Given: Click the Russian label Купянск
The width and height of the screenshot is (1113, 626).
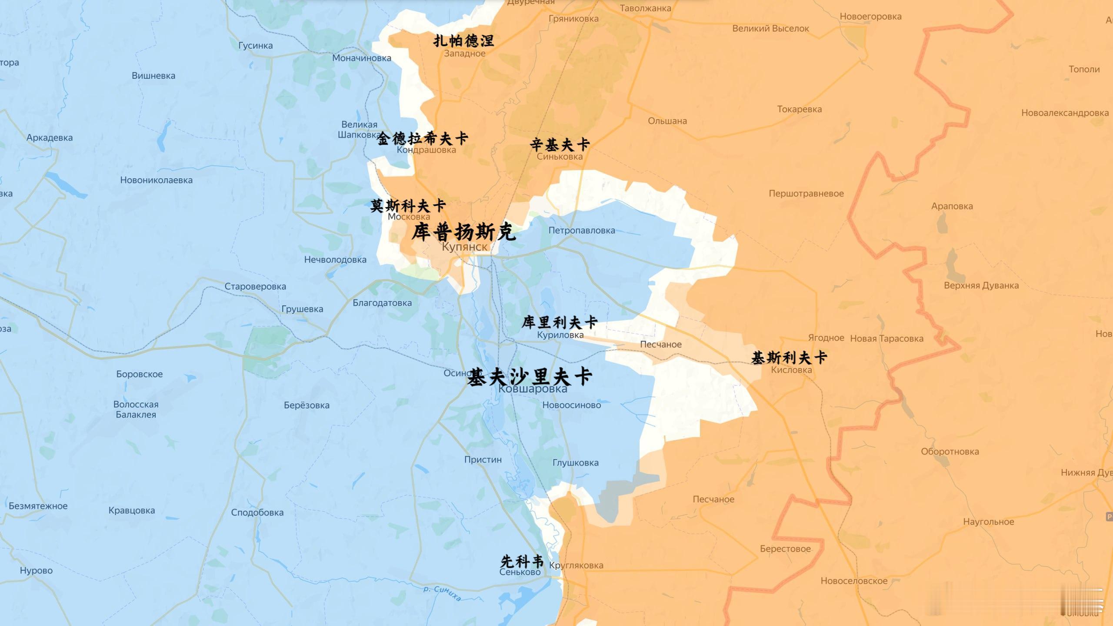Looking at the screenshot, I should pyautogui.click(x=464, y=247).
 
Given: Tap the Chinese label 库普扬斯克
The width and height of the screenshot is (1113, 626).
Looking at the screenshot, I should pyautogui.click(x=463, y=232).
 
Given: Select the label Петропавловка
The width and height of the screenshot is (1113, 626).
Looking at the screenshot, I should pyautogui.click(x=581, y=231).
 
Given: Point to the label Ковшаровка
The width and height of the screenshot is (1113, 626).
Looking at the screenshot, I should pyautogui.click(x=533, y=389).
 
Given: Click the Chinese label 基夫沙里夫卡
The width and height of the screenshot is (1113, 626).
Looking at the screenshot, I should pyautogui.click(x=529, y=377).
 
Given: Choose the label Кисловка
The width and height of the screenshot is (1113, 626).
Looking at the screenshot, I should pyautogui.click(x=791, y=370).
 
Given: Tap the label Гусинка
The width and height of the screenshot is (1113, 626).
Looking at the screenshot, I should pyautogui.click(x=255, y=46).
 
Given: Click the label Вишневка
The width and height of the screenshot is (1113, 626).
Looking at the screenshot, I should pyautogui.click(x=153, y=76).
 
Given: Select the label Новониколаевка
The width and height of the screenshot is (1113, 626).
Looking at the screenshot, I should pyautogui.click(x=156, y=180).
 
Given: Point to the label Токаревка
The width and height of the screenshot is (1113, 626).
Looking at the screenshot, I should pyautogui.click(x=799, y=109).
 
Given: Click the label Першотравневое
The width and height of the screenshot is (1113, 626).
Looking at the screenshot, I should pyautogui.click(x=806, y=194).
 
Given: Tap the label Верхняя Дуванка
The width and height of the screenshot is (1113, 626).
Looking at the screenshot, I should pyautogui.click(x=981, y=286).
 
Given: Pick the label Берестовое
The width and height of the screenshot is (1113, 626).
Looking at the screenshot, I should pyautogui.click(x=785, y=549).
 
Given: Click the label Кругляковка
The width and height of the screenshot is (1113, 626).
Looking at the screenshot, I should pyautogui.click(x=576, y=566).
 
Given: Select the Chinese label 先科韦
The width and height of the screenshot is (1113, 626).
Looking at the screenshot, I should pyautogui.click(x=522, y=561).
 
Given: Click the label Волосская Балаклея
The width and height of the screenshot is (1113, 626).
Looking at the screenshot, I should pyautogui.click(x=136, y=410).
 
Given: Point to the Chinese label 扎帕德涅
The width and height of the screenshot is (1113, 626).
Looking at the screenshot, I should pyautogui.click(x=463, y=41).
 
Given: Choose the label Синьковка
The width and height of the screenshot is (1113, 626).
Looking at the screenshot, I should pyautogui.click(x=560, y=157).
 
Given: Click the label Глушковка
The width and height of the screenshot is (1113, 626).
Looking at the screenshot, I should pyautogui.click(x=575, y=463).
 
